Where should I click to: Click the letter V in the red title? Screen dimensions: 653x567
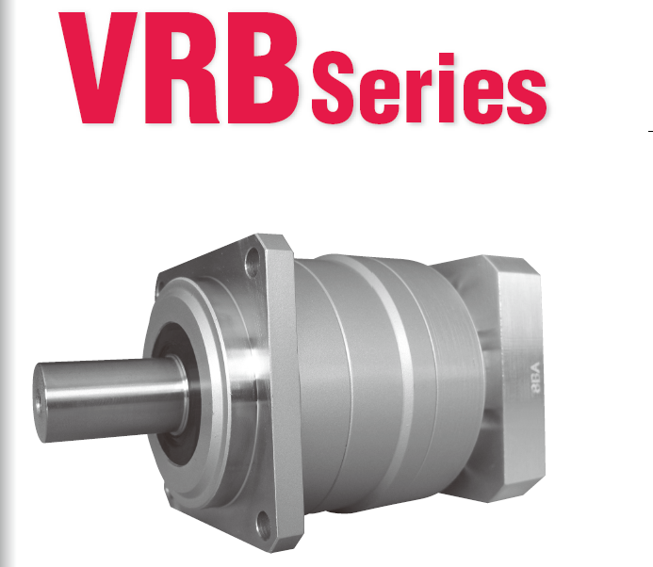click(x=98, y=68)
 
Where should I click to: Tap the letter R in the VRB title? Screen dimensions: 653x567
click(x=181, y=68)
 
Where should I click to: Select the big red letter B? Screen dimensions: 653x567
click(x=262, y=68)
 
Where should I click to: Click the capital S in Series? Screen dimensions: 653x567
click(x=333, y=88)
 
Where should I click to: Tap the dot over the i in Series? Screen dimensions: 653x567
click(x=446, y=59)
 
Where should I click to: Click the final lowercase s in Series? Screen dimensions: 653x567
click(x=527, y=96)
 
